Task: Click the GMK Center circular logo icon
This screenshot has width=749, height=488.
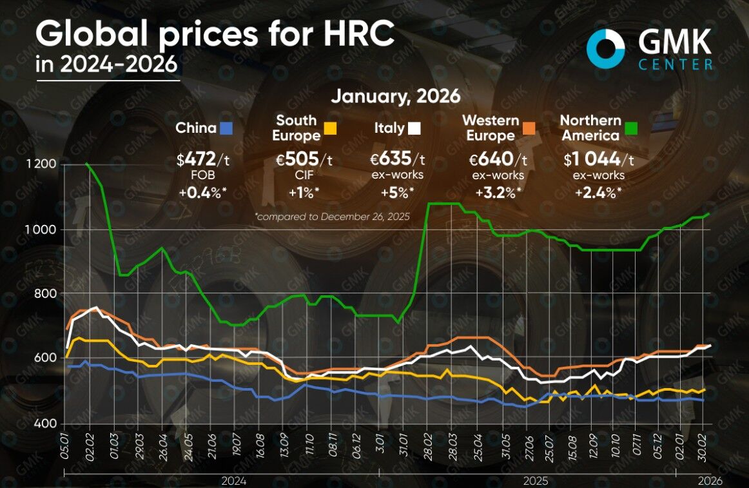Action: pyautogui.click(x=606, y=49)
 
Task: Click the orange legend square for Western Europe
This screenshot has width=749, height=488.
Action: pyautogui.click(x=529, y=128)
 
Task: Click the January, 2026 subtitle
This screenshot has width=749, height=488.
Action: pyautogui.click(x=396, y=97)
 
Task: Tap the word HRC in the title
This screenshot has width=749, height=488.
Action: pyautogui.click(x=358, y=35)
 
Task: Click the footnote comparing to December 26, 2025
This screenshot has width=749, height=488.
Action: pyautogui.click(x=333, y=217)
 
